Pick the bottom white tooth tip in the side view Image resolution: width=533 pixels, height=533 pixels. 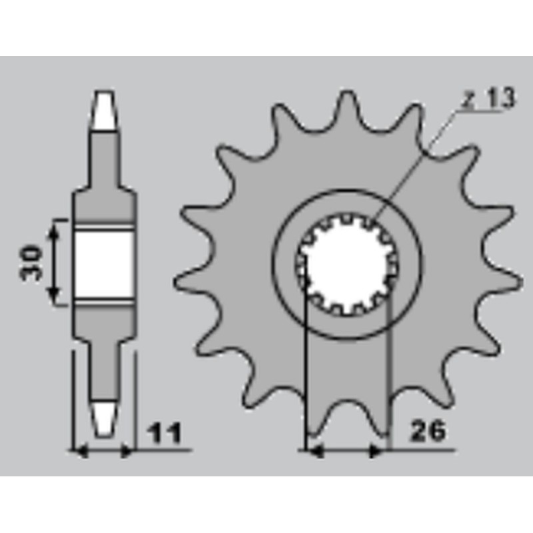pos(104,418)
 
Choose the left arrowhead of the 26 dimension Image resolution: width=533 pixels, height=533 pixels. pos(313,451)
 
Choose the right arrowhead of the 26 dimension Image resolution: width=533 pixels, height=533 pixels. pos(378,451)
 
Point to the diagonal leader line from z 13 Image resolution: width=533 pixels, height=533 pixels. pos(413,167)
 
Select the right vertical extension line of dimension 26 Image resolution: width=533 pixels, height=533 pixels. pos(387,373)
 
